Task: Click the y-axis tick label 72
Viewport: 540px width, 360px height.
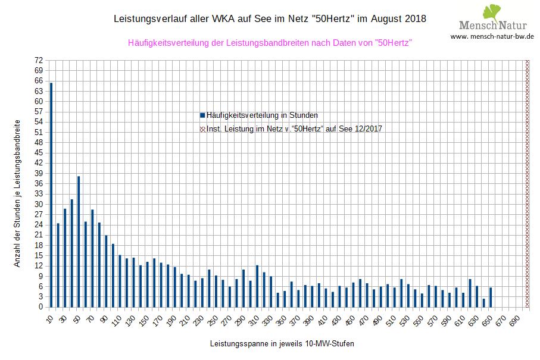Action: [39, 60]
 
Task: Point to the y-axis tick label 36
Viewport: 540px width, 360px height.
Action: [39, 183]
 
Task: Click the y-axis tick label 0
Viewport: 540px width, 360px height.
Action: [40, 306]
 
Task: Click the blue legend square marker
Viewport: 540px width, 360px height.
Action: [203, 115]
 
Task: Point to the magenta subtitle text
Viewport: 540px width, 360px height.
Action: [270, 43]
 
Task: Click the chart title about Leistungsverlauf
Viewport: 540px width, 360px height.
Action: [270, 18]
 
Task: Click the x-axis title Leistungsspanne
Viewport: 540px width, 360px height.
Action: [277, 344]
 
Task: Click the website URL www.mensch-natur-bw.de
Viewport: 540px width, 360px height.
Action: [492, 36]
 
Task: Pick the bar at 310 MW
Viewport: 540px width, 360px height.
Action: [257, 286]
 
